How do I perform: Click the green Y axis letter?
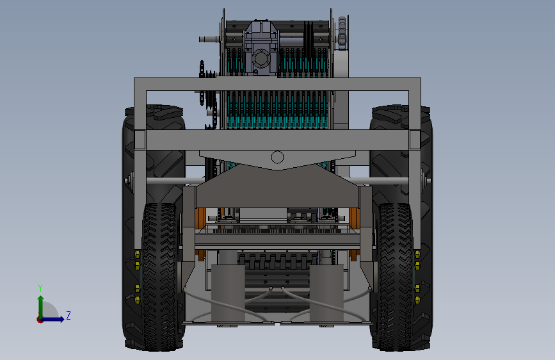[x=40, y=288]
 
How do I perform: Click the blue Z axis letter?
[x=68, y=315]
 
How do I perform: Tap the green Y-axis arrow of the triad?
[x=41, y=307]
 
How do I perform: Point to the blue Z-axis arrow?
[x=52, y=319]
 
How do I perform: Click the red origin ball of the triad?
[x=40, y=320]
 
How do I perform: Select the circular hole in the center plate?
[x=277, y=157]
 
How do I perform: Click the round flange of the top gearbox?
[x=262, y=58]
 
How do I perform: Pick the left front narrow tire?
[x=159, y=277]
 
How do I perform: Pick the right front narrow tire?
[x=395, y=277]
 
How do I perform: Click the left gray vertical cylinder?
[x=228, y=293]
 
